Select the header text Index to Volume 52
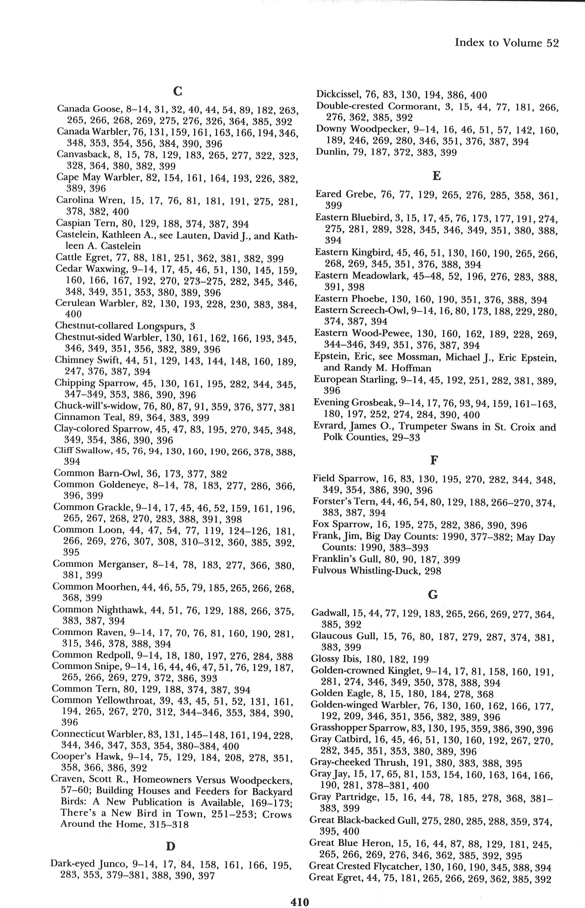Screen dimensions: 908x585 [506, 43]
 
